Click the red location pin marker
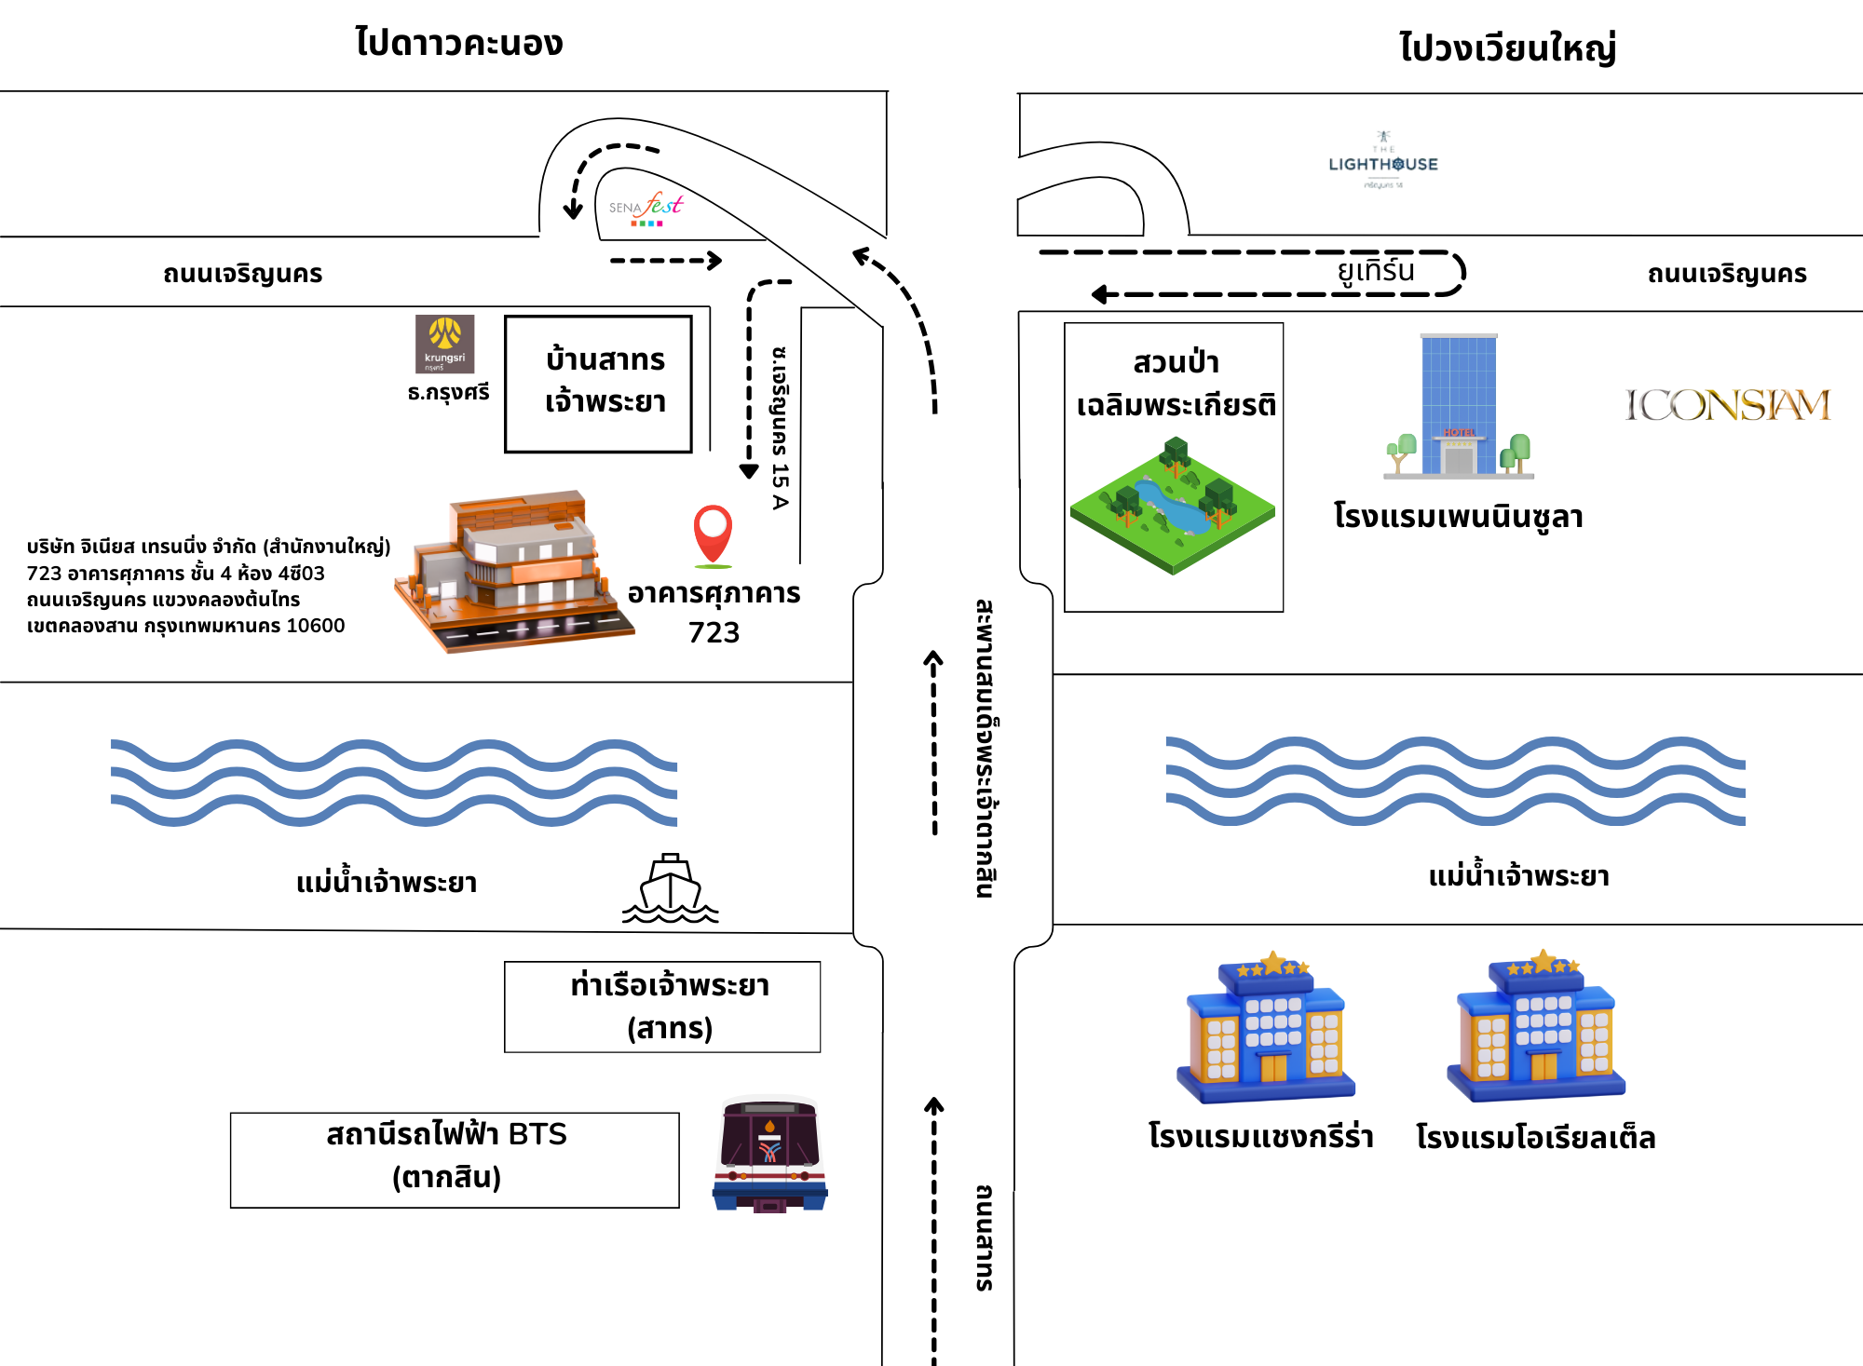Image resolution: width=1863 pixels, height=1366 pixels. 713,533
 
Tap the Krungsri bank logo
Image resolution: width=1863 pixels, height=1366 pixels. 444,344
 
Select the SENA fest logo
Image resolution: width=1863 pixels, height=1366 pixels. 646,209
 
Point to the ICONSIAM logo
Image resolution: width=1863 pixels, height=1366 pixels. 1728,405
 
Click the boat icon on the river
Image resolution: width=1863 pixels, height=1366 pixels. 670,889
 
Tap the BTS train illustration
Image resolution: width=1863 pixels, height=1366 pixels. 769,1155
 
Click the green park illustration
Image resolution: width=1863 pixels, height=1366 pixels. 1173,506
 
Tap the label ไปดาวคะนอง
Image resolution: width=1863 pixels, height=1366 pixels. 459,43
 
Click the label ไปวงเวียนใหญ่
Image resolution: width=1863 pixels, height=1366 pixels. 1507,47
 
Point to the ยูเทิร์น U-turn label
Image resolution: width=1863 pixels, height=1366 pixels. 1376,271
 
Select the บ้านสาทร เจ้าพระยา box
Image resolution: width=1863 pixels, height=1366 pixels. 598,383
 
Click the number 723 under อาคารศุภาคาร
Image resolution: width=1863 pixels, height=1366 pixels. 714,633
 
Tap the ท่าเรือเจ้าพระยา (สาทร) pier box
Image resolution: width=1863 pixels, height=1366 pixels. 662,1007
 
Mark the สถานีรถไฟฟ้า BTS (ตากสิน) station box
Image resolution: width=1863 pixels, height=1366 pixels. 455,1159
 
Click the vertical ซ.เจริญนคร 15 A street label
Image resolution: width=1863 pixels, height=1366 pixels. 780,428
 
